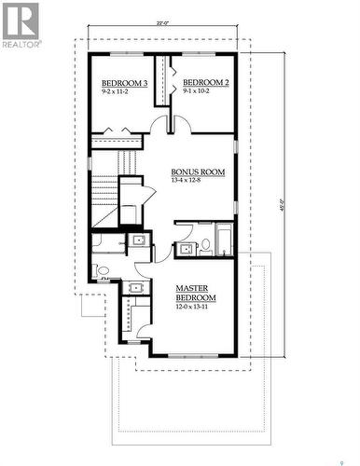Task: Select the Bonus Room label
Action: click(198, 171)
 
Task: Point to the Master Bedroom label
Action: click(196, 293)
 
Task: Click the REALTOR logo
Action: click(21, 25)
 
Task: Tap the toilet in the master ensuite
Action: click(102, 273)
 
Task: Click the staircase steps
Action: click(104, 197)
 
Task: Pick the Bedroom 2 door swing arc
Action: click(181, 125)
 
